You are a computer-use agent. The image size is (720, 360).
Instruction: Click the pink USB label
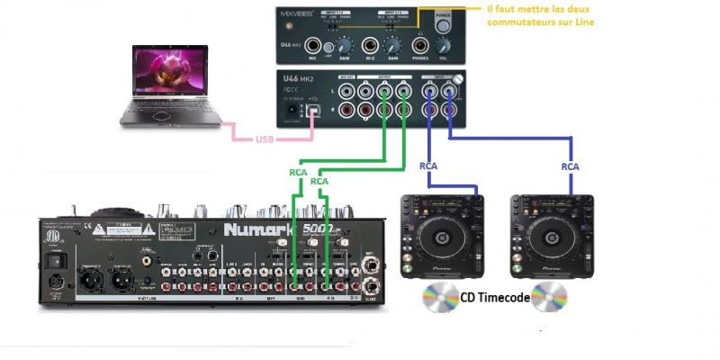tap(265, 139)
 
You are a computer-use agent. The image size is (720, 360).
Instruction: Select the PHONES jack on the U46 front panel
tap(418, 44)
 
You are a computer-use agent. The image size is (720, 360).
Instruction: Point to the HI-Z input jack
tap(370, 44)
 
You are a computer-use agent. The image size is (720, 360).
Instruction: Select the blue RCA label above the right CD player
tap(570, 166)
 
